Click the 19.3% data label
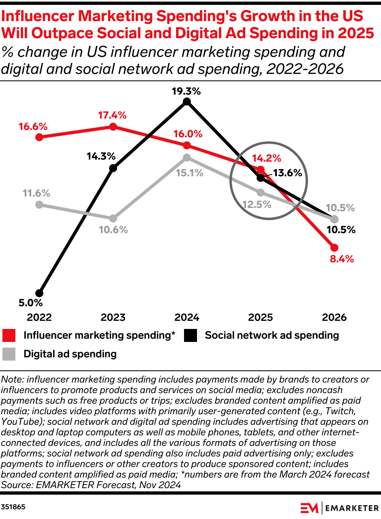coord(186,91)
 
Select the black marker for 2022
coord(39,293)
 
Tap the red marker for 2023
coord(113,127)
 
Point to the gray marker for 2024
coord(186,158)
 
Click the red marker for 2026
coord(334,248)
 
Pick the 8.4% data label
coord(342,259)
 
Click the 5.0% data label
coord(30,303)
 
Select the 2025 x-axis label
coord(260,317)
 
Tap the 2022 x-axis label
coord(39,317)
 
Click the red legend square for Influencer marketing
coord(9,335)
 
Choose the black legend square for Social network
coord(190,335)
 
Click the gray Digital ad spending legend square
coord(9,354)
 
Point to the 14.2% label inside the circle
coord(266,158)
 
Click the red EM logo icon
coord(309,508)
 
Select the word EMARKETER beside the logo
coord(351,508)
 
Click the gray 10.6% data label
coord(113,230)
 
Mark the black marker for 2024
coord(186,102)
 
